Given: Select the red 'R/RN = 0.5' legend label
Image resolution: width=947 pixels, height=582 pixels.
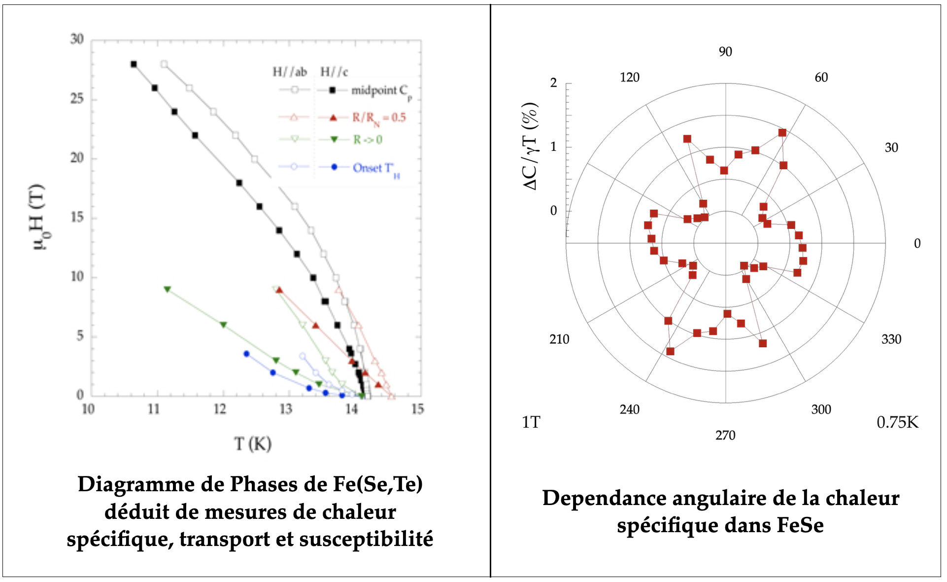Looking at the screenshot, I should pos(378,117).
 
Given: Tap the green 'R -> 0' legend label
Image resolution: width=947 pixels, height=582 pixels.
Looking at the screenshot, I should pos(368,140).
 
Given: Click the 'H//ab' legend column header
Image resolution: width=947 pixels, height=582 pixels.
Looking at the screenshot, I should pos(290,73).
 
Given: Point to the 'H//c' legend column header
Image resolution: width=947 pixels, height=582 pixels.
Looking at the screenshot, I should pos(334,73).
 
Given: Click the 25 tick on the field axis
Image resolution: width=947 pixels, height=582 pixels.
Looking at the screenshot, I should pos(77,99).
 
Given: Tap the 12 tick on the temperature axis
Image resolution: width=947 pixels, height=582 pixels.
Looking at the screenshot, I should pos(220,409).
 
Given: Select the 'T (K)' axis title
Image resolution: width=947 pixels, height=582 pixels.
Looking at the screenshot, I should pos(253,444).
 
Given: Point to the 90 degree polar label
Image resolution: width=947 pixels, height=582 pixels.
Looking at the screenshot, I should pos(725,52).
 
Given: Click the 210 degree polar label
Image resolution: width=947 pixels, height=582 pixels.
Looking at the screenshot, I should pos(559,339).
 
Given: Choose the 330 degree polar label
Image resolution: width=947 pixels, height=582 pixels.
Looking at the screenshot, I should pos(891,339).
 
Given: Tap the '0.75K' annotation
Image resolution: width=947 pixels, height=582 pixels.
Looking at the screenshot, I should pos(897,423).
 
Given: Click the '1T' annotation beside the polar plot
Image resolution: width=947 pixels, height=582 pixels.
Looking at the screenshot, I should pos(531,423).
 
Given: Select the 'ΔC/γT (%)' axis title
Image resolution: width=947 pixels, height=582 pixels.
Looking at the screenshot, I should pos(530,146).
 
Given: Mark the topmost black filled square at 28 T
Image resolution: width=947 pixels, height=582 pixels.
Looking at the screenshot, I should pos(134,64).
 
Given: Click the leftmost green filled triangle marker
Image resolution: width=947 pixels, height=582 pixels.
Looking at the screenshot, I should pos(168,289).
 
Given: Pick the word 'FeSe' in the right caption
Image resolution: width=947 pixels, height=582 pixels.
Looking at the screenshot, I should pos(800,525).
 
